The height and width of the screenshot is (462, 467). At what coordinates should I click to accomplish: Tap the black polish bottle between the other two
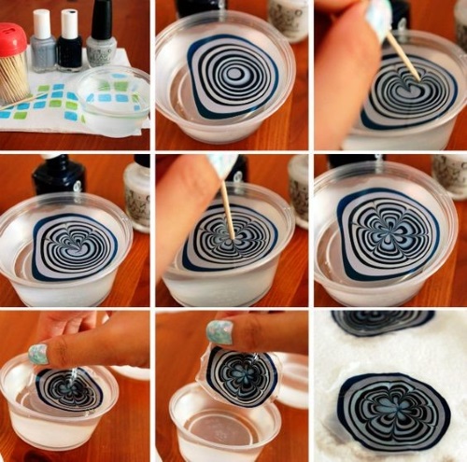[x=70, y=41]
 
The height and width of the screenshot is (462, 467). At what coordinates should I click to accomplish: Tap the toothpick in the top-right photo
[x=403, y=57]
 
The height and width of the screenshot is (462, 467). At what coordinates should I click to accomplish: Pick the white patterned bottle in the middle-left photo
[x=137, y=192]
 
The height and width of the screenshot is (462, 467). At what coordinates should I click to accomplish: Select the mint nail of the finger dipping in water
[x=36, y=354]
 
